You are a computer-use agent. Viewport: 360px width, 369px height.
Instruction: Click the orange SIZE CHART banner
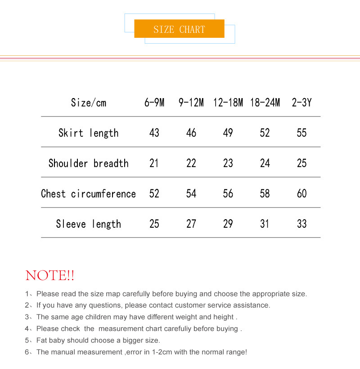[x=179, y=29]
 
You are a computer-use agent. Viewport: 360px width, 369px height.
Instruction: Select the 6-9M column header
[x=154, y=103]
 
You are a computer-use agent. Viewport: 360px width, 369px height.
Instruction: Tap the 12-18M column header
[x=228, y=103]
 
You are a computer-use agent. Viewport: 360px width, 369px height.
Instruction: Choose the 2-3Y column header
[x=301, y=103]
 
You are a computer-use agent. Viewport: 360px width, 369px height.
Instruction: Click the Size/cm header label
[x=89, y=103]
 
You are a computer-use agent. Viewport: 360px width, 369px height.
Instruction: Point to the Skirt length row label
[x=89, y=133]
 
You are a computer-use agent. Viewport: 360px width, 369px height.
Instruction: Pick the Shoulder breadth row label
[x=89, y=163]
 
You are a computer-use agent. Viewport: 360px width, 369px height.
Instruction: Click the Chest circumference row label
[x=89, y=193]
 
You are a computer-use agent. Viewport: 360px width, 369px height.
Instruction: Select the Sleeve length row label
[x=89, y=224]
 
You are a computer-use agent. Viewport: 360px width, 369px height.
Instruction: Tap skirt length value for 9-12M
[x=191, y=133]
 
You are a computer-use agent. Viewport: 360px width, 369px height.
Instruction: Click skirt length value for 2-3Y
[x=301, y=133]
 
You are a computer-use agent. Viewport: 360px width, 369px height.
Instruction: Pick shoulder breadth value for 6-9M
[x=154, y=163]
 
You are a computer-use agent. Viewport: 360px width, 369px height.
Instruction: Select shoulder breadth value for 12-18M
[x=228, y=163]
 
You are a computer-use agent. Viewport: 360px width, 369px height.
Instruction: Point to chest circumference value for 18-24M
[x=265, y=193]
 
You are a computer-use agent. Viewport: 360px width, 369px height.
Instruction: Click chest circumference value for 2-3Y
[x=301, y=193]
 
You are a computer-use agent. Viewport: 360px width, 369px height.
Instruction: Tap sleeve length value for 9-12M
[x=191, y=224]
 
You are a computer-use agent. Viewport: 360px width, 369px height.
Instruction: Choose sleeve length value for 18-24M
[x=265, y=224]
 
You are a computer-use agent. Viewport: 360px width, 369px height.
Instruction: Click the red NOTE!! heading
[x=50, y=275]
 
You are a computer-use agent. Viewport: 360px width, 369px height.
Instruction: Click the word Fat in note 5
[x=42, y=340]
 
